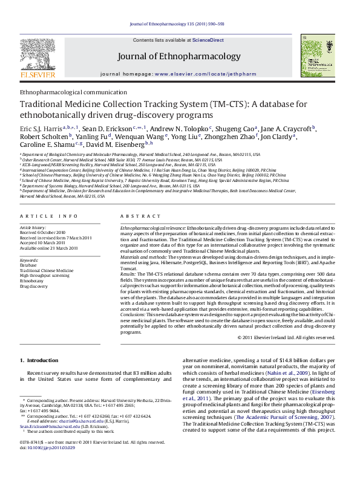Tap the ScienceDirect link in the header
click(208, 40)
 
